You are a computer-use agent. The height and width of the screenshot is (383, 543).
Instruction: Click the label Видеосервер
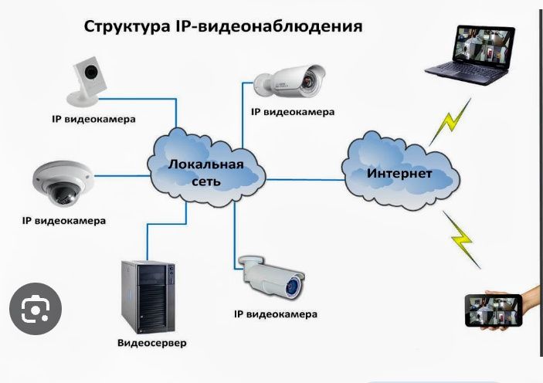(151, 342)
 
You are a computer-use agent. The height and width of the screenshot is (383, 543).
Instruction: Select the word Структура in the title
(122, 28)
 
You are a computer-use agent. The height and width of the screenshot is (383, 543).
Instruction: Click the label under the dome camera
(63, 221)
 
